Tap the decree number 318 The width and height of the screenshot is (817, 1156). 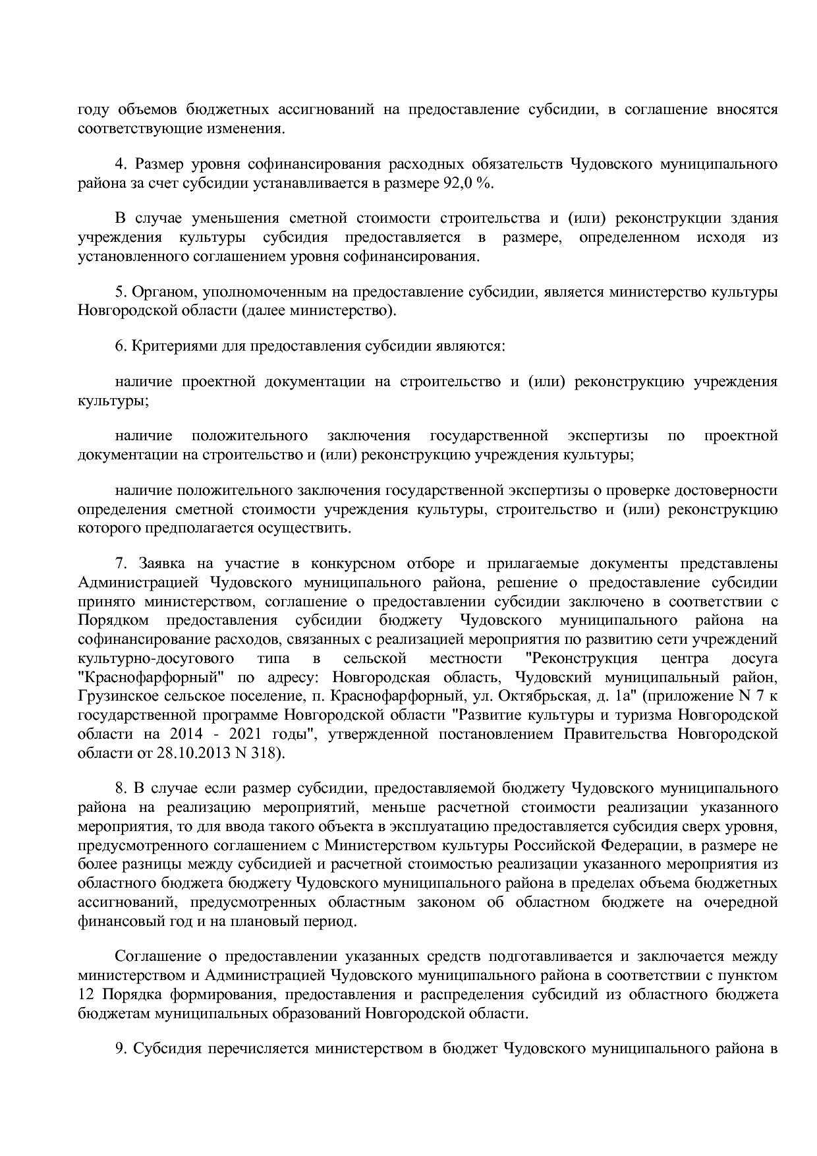264,753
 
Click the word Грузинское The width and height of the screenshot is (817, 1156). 113,696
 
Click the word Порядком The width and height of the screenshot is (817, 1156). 113,620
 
